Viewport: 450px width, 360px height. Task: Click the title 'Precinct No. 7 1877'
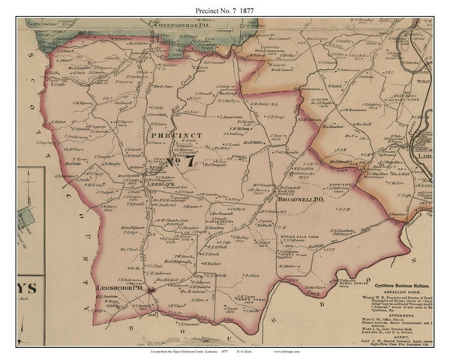(225, 10)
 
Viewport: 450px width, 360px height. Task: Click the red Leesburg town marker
(150, 292)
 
